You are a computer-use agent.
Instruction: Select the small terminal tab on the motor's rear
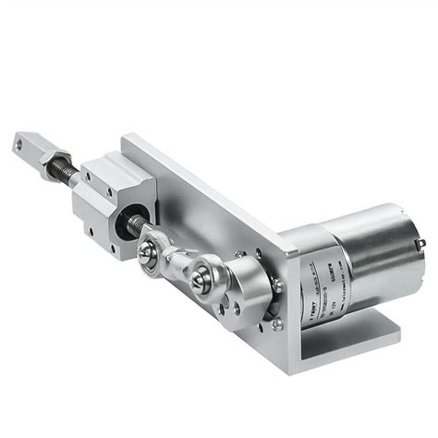[420, 243]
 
